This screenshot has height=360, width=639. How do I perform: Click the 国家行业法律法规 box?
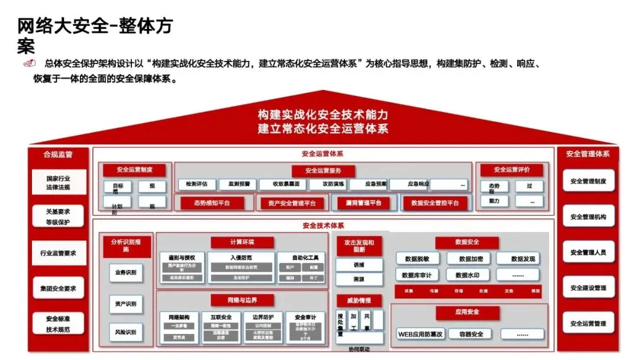click(x=59, y=182)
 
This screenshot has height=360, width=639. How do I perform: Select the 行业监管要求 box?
click(x=59, y=253)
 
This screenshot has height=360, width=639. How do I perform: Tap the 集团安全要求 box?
click(x=59, y=288)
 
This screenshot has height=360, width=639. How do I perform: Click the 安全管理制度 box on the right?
click(x=588, y=181)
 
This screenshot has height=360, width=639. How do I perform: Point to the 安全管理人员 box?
click(x=588, y=252)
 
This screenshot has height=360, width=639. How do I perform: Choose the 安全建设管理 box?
click(x=588, y=288)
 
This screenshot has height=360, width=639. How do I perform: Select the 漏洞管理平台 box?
click(x=363, y=202)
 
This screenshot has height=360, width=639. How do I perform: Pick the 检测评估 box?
click(x=196, y=184)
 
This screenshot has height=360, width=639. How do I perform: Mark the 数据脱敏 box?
click(x=421, y=259)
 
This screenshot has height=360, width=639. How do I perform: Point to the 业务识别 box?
click(x=125, y=273)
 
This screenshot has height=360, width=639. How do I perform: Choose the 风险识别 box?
click(x=125, y=332)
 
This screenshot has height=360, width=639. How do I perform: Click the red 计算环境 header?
click(x=241, y=242)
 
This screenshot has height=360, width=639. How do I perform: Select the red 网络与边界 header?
click(x=242, y=300)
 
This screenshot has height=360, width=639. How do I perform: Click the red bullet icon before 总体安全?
click(x=28, y=64)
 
